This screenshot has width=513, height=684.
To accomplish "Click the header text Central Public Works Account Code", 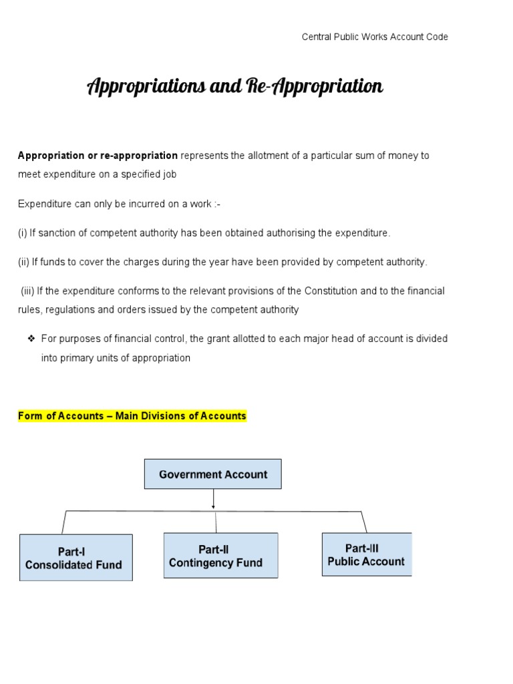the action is coord(375,37).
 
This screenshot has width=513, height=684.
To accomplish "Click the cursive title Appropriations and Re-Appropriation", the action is coord(235,87).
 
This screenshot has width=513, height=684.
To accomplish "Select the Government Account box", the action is coord(213,474).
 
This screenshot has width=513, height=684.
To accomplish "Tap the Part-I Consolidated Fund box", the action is coord(75,558).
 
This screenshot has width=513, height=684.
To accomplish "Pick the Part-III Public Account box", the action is coord(366,555).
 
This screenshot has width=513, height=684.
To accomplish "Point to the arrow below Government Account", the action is coord(213,499).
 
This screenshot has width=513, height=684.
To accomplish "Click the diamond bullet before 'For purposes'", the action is coord(31,339).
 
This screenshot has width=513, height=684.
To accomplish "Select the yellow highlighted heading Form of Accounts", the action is coord(132,416).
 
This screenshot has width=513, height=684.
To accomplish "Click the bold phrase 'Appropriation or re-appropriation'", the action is coord(98,156).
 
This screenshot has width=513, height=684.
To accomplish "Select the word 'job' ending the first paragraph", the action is coord(170,174).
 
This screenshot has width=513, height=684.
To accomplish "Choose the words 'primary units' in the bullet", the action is coord(82,358).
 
